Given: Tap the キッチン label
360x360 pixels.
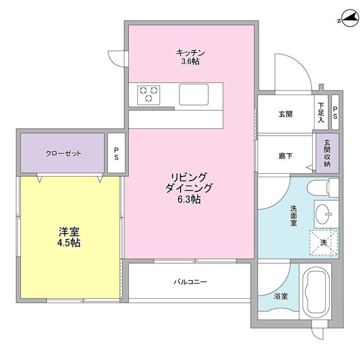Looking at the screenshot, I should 190,57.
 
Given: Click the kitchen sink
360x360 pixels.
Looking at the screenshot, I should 193,93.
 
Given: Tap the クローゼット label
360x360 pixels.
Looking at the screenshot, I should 64,153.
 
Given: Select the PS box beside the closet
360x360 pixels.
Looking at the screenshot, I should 116,154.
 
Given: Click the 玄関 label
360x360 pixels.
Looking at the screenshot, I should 285,114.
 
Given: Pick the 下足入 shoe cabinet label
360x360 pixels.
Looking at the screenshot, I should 321,112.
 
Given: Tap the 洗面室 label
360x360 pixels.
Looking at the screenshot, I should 293,216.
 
